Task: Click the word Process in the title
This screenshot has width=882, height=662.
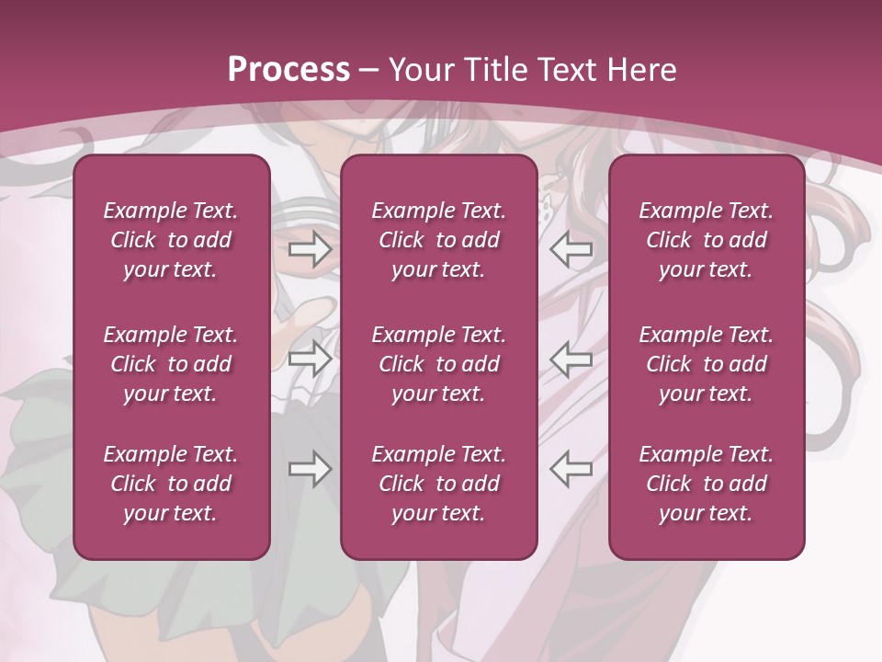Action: (x=288, y=70)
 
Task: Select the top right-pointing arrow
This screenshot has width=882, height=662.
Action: (x=311, y=249)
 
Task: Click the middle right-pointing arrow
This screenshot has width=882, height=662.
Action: (x=311, y=360)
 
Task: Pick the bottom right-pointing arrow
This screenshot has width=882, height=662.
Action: (x=311, y=469)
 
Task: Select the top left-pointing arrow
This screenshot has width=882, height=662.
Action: (x=571, y=249)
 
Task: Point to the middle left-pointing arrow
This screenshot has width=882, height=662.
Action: (x=571, y=360)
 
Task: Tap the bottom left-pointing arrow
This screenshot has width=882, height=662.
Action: (x=571, y=469)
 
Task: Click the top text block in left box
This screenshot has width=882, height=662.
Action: (x=171, y=240)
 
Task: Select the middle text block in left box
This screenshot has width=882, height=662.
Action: (x=171, y=364)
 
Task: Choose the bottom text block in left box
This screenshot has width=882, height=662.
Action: (x=171, y=484)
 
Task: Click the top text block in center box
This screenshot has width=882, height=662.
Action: (x=438, y=240)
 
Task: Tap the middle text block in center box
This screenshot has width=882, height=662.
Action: (x=438, y=364)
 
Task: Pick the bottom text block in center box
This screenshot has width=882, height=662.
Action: (x=438, y=484)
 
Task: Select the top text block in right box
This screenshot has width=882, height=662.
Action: (x=706, y=240)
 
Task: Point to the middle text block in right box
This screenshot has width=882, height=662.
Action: (x=706, y=364)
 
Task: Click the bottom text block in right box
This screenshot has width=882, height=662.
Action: (x=706, y=484)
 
